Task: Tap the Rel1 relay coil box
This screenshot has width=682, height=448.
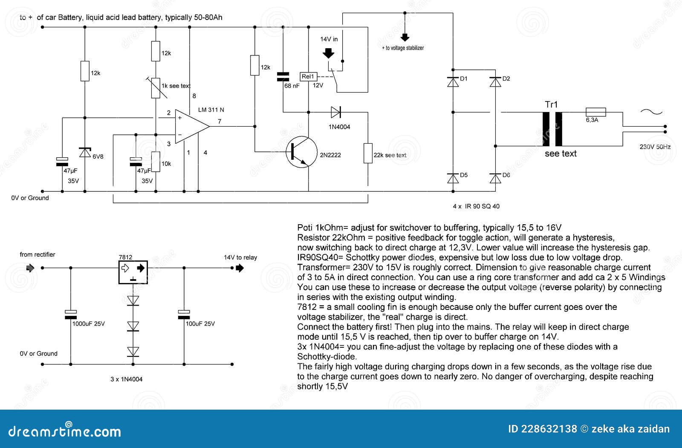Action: point(308,77)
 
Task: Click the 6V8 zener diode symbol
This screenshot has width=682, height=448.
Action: point(85,152)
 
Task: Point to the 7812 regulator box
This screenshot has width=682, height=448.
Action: point(133,272)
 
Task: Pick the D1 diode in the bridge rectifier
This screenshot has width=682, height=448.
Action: point(453,81)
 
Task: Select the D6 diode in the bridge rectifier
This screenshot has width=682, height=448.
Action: point(495,178)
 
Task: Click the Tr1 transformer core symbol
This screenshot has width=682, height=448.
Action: point(552,129)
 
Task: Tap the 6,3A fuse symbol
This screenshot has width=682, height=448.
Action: point(596,112)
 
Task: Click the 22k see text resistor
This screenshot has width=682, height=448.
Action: point(367,153)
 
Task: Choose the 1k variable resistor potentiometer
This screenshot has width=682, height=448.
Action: point(156,88)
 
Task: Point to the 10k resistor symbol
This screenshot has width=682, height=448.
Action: point(156,162)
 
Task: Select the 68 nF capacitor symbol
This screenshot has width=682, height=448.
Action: point(283,77)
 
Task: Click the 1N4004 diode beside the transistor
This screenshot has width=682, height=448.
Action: point(335,113)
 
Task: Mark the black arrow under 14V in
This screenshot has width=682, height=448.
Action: point(328,53)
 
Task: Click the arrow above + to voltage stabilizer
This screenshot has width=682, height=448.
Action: point(405,37)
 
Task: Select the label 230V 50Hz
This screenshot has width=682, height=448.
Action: point(655,147)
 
